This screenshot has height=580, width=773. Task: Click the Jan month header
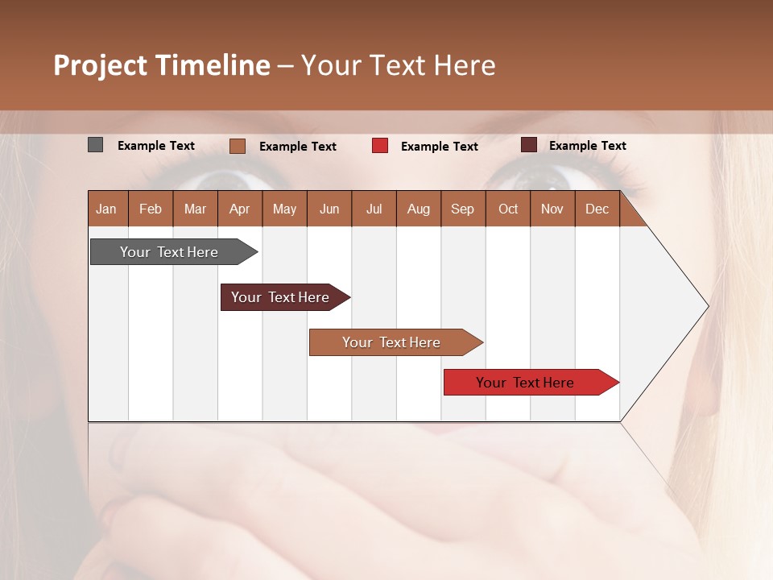click(106, 209)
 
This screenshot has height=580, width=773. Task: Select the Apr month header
click(239, 209)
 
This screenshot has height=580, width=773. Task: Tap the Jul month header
click(374, 209)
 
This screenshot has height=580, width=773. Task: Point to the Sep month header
click(462, 209)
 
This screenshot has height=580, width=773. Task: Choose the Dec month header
click(597, 209)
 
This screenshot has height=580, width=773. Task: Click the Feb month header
click(151, 209)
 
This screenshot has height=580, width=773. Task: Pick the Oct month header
click(508, 209)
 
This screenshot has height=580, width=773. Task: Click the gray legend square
click(96, 145)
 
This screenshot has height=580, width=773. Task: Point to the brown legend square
click(238, 146)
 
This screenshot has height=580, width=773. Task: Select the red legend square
click(380, 146)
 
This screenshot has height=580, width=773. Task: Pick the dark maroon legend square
click(529, 145)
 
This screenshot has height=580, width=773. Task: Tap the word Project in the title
click(101, 65)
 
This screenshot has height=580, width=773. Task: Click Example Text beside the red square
click(439, 147)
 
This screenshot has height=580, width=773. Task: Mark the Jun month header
click(329, 209)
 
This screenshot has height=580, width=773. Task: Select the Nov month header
click(552, 209)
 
